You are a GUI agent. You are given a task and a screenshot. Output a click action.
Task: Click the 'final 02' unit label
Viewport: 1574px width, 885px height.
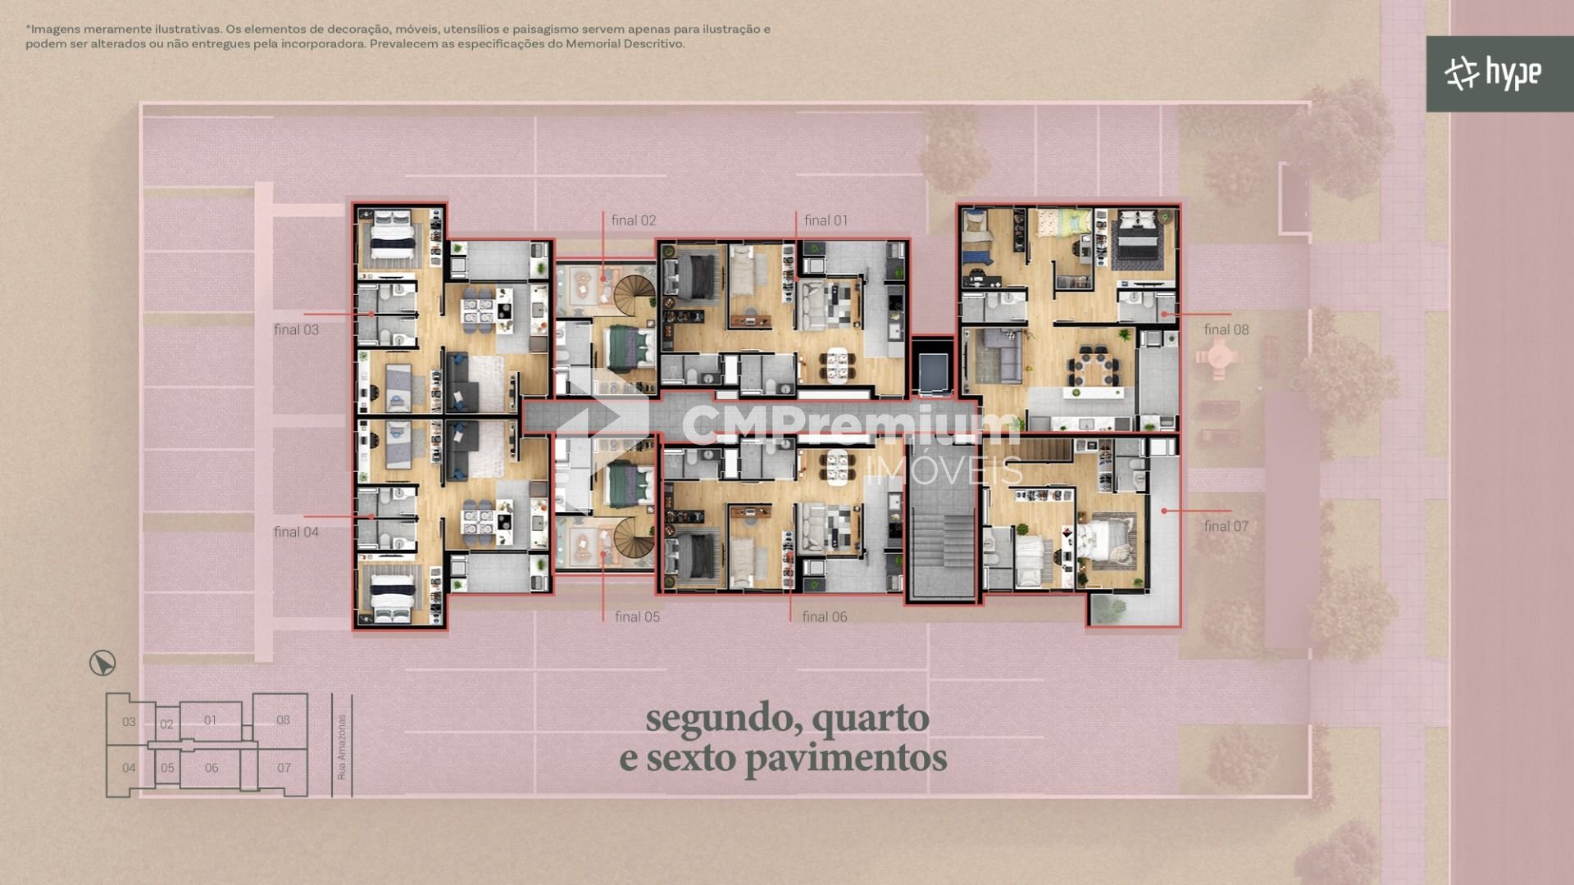[633, 220]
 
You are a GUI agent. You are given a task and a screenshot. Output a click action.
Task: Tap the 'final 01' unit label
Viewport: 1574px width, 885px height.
[826, 220]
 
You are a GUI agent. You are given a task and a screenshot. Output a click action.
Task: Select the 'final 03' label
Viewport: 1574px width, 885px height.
[296, 329]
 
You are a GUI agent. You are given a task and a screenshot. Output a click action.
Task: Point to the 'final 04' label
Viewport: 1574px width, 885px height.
[296, 532]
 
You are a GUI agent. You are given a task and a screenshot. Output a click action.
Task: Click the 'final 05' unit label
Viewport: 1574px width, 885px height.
[637, 617]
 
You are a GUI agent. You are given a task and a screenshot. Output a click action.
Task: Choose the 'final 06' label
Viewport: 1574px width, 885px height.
[825, 617]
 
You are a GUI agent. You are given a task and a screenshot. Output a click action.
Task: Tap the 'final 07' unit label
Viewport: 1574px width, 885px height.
[1226, 526]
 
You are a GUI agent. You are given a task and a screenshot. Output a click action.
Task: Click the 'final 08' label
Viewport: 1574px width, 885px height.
[1226, 329]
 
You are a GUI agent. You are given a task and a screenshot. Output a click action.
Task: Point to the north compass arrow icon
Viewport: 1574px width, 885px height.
[102, 663]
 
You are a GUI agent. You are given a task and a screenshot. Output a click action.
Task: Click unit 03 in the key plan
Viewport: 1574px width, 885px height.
[129, 722]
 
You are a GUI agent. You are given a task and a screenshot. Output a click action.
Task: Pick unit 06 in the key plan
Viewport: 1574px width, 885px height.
[212, 768]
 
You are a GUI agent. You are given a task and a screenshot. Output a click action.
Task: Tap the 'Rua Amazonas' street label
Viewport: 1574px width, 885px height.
[342, 747]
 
